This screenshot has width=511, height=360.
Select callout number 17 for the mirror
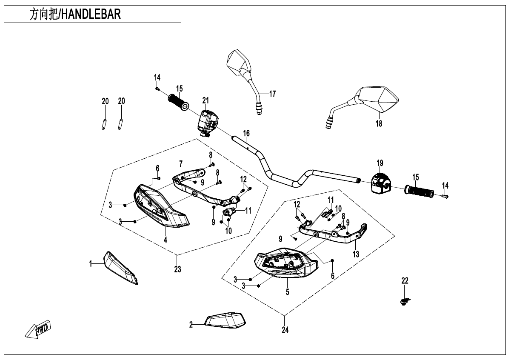272,94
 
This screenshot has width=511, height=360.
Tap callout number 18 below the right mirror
379,123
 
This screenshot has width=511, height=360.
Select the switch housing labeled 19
380,183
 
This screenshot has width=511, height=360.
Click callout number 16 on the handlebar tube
246,134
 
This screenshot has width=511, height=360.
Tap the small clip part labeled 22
404,300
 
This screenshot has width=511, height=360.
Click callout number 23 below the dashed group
177,269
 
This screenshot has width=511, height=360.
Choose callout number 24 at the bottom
285,330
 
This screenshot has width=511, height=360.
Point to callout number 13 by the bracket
356,254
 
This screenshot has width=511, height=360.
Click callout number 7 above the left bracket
181,164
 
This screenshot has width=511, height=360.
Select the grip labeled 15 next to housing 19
419,191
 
